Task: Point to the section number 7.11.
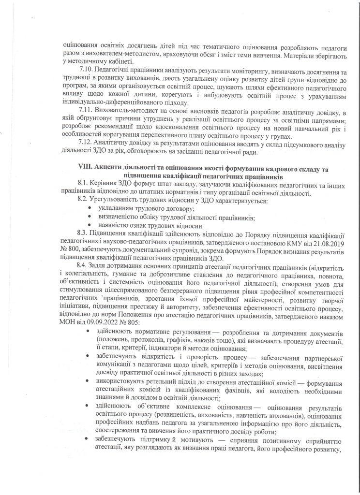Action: (85, 112)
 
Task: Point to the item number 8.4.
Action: (83, 264)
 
